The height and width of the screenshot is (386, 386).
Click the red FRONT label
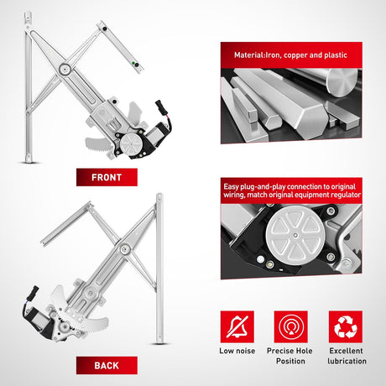tap(107, 177)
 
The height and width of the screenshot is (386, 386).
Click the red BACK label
tap(107, 365)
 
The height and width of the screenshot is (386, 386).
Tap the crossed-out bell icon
tap(237, 326)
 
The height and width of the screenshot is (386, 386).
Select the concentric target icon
tap(291, 326)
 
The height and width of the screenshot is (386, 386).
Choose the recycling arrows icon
tap(346, 326)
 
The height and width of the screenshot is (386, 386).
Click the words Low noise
tap(237, 351)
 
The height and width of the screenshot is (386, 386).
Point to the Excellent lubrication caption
tap(347, 356)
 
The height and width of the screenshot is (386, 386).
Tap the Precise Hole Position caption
tap(290, 356)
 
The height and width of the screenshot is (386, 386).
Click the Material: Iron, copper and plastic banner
tap(291, 55)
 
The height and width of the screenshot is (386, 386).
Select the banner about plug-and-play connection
tap(291, 190)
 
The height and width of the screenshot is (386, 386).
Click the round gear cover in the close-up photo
tap(295, 235)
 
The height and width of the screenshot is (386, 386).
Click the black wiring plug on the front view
tap(159, 107)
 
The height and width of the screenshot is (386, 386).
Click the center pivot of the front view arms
tap(65, 69)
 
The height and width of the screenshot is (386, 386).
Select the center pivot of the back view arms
tap(124, 248)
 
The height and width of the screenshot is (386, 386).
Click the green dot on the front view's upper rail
tap(133, 63)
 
